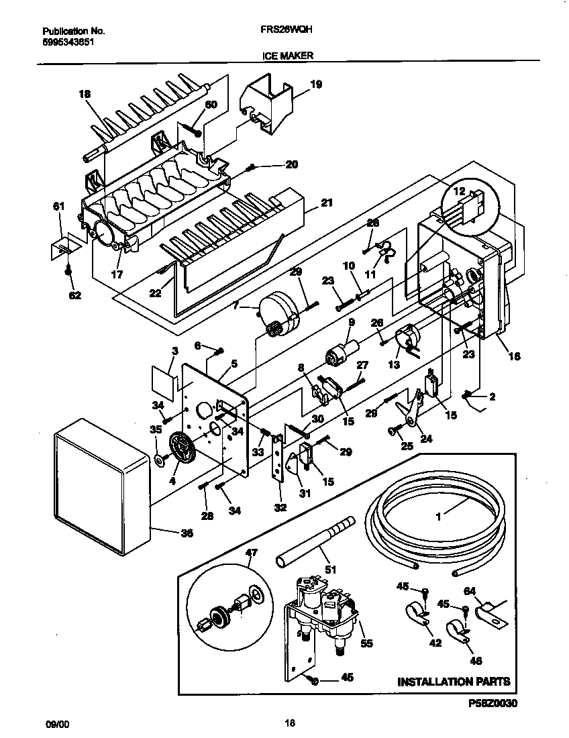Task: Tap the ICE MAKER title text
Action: click(287, 57)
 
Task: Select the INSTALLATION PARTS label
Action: click(454, 682)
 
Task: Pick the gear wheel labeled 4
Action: click(181, 457)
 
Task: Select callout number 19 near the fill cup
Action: click(316, 85)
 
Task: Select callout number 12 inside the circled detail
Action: click(460, 193)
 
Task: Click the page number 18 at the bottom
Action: click(289, 723)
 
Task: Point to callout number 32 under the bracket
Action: click(280, 507)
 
